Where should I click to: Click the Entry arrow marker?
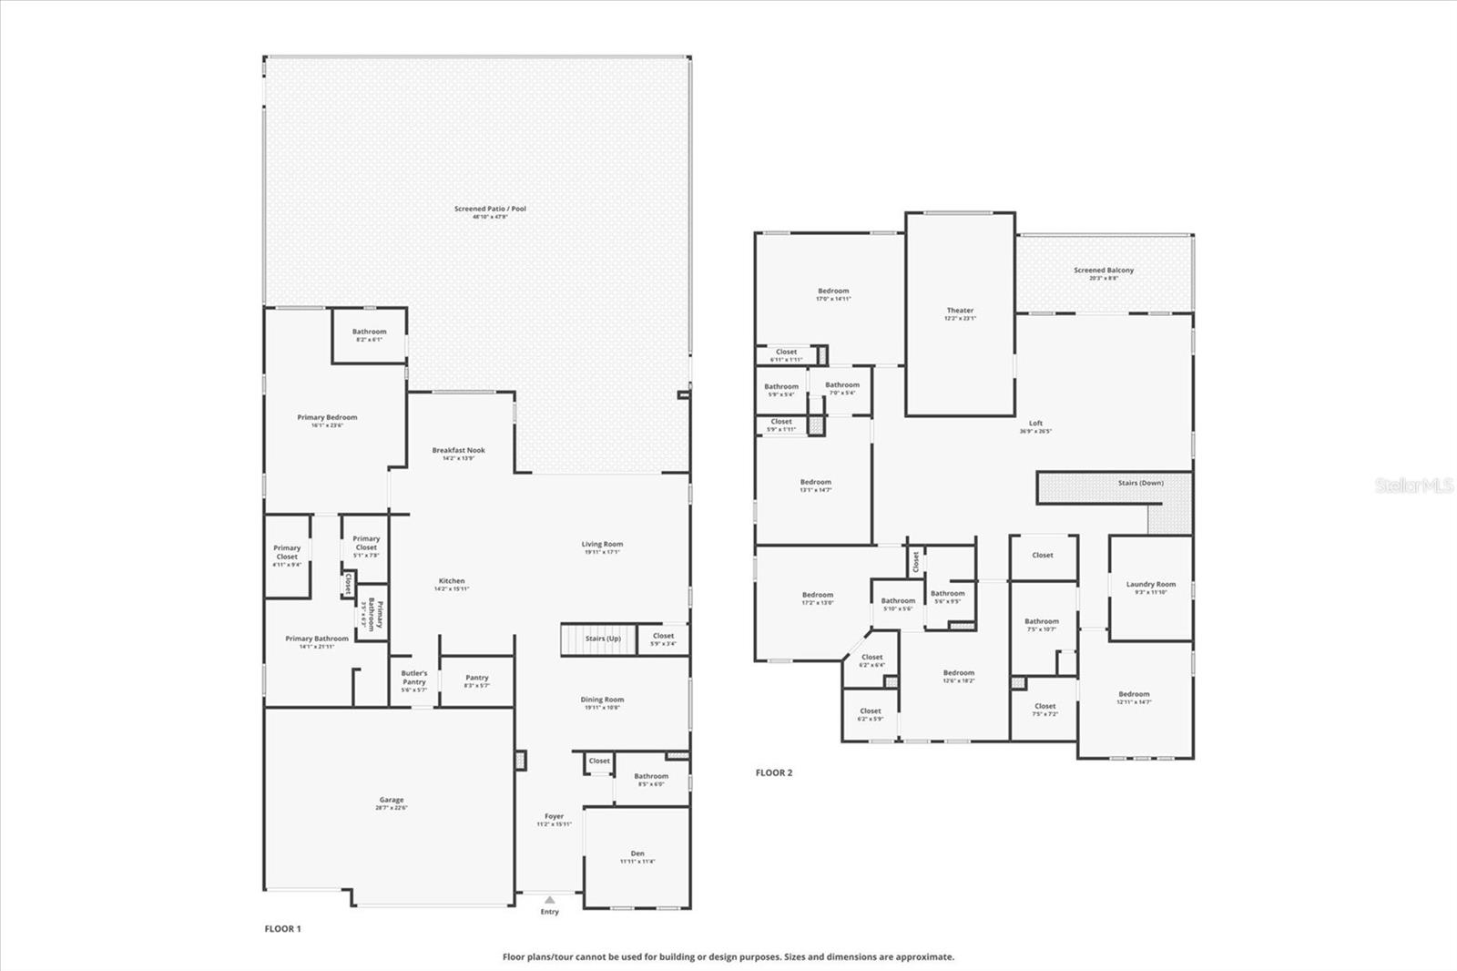click(x=549, y=900)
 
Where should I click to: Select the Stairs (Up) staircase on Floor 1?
click(x=596, y=639)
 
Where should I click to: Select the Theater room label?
click(x=960, y=312)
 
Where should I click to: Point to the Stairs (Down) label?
click(x=1140, y=483)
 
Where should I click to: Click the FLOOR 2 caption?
click(x=774, y=773)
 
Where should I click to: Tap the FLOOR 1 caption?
click(x=282, y=929)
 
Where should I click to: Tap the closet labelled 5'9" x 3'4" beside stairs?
click(x=663, y=638)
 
